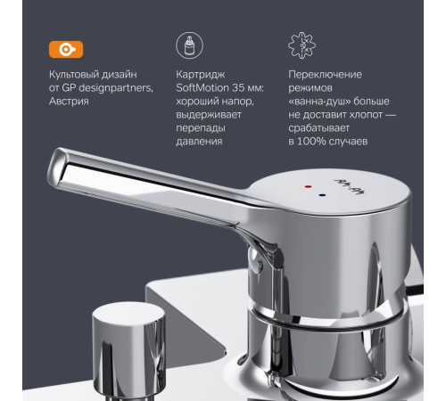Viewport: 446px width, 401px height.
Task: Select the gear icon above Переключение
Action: tap(304, 46)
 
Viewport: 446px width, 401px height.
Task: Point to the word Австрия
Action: tap(74, 110)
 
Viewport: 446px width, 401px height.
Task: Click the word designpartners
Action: tap(116, 94)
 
